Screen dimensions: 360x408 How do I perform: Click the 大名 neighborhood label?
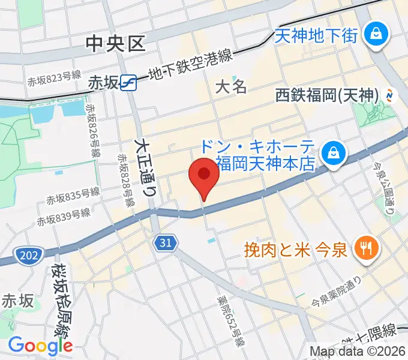[231, 87]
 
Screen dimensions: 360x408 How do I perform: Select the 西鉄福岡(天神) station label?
[328, 95]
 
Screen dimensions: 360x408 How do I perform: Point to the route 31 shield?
[166, 242]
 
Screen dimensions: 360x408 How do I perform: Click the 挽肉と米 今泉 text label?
[295, 248]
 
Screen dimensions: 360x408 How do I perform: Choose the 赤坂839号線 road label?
[63, 217]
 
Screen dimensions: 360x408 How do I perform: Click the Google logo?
[40, 346]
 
